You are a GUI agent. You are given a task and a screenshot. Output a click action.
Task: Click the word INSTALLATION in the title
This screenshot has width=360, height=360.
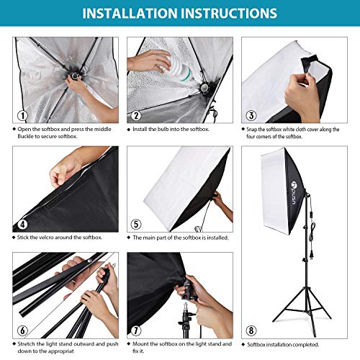coord(129,13)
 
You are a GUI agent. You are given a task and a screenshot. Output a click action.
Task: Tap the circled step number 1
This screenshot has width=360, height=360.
coord(22,114)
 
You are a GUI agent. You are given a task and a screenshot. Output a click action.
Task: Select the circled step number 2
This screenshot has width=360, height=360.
coord(135,114)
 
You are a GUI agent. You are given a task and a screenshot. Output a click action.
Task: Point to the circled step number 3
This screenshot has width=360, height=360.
coord(250,114)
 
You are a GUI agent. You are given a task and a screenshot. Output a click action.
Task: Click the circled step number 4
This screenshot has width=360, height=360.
coord(22,223)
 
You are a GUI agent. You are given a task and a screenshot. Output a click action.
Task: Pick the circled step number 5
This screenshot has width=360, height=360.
coord(135,223)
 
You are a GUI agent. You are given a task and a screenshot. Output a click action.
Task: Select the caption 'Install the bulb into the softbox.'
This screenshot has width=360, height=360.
coord(171,129)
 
